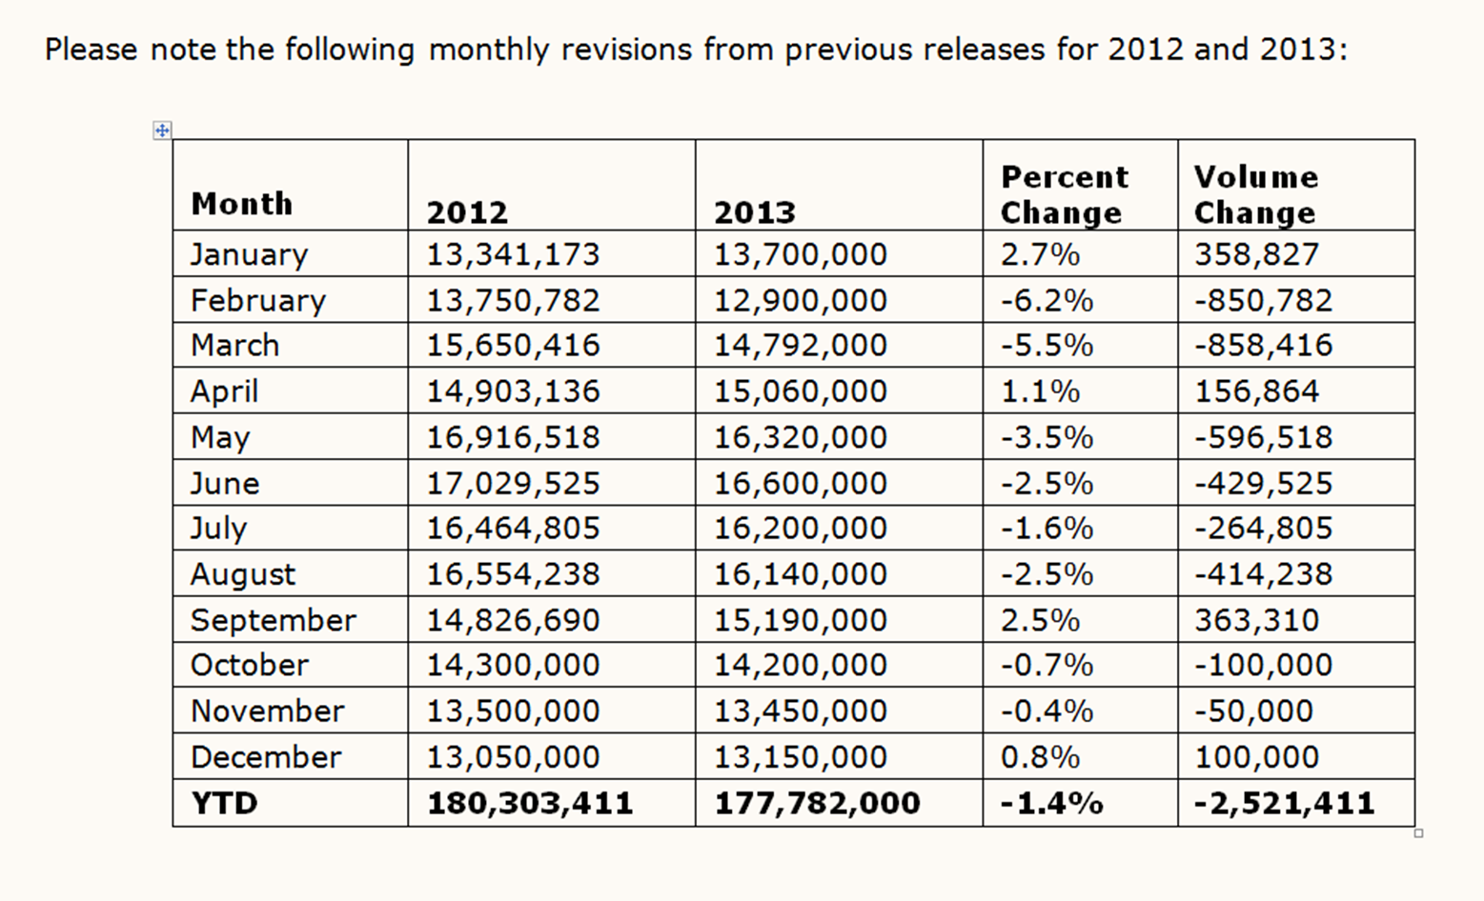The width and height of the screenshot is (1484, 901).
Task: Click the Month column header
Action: tap(241, 204)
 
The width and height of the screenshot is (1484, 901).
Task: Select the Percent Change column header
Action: tap(1064, 195)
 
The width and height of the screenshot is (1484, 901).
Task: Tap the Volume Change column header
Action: tap(1255, 195)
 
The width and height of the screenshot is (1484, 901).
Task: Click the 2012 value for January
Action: tap(513, 254)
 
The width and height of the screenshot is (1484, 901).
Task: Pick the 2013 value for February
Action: tap(800, 300)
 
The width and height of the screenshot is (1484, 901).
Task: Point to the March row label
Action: tap(234, 345)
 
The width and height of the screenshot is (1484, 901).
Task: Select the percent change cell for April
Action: tap(1040, 390)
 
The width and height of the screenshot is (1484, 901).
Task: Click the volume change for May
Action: tap(1263, 437)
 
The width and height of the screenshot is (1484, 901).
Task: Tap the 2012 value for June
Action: tap(513, 483)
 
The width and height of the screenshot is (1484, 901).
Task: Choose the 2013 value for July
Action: tap(800, 528)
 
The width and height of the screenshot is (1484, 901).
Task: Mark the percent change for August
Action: tap(1047, 573)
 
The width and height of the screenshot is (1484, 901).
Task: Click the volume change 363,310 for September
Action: tap(1256, 620)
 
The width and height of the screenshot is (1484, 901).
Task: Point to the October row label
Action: tap(250, 665)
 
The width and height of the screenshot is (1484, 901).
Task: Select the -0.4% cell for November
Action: tap(1047, 711)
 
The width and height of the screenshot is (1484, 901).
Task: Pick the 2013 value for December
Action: tap(800, 757)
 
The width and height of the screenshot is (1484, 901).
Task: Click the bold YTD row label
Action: tap(224, 803)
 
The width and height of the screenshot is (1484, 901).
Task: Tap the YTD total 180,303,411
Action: tap(530, 803)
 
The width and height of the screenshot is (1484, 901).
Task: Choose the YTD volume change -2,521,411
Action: tap(1284, 803)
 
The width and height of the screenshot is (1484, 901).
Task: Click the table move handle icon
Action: tap(162, 130)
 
